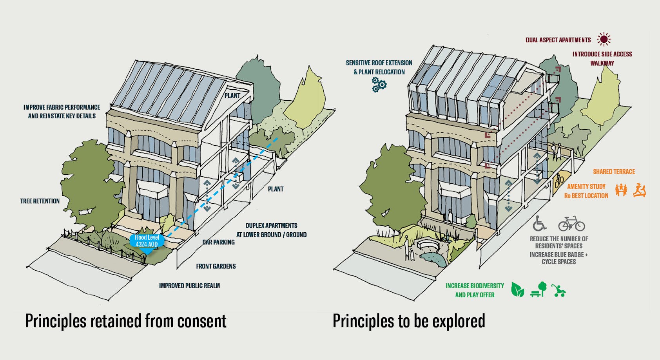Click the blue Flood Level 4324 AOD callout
pyautogui.click(x=147, y=241)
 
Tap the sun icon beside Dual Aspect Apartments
pyautogui.click(x=604, y=39)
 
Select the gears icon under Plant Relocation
pyautogui.click(x=379, y=84)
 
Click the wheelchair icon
pyautogui.click(x=539, y=223)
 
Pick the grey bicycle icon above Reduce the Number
pyautogui.click(x=571, y=224)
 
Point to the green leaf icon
pyautogui.click(x=517, y=290)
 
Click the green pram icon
pyautogui.click(x=558, y=291)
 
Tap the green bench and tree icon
pyautogui.click(x=539, y=289)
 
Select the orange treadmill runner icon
pyautogui.click(x=639, y=190)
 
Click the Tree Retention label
pyautogui.click(x=40, y=201)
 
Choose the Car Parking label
pyautogui.click(x=218, y=242)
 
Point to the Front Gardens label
pyautogui.click(x=216, y=266)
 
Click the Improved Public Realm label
pyautogui.click(x=189, y=286)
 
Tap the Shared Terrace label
pyautogui.click(x=614, y=172)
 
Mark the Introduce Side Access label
pyautogui.click(x=602, y=54)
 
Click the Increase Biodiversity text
pyautogui.click(x=475, y=286)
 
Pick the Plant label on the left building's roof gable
pyautogui.click(x=232, y=96)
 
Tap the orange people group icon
pyautogui.click(x=621, y=190)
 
